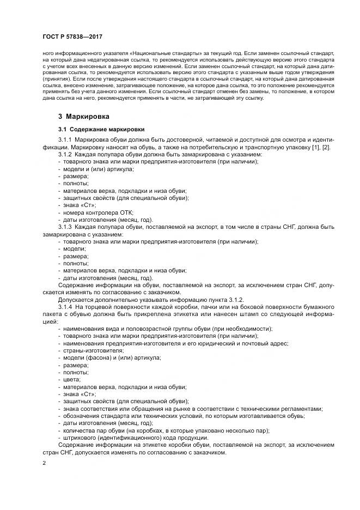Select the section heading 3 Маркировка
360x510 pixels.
click(84, 117)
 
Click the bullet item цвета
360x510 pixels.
click(72, 379)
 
